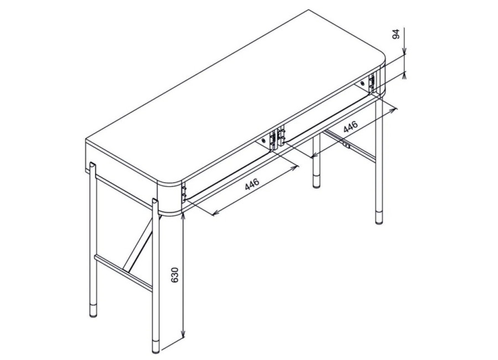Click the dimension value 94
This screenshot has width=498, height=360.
396,34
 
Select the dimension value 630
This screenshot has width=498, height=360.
175,275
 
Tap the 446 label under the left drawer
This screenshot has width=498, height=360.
252,184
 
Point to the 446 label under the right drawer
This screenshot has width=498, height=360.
351,127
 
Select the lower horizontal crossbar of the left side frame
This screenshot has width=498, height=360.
123,272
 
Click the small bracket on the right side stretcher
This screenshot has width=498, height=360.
346,146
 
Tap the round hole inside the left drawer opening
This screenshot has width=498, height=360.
263,141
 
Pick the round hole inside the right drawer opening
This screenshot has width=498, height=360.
362,83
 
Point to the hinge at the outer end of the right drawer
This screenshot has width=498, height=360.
372,83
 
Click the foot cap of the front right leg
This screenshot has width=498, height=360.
379,217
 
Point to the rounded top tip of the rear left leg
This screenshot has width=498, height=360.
92,164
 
